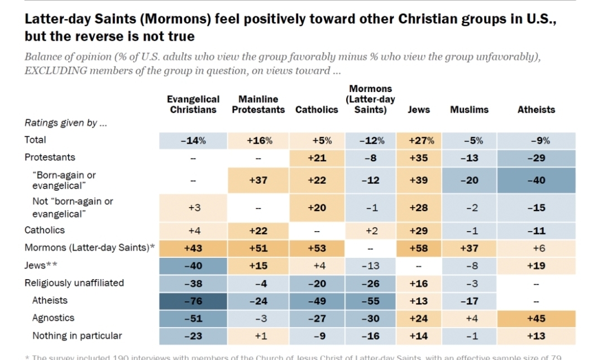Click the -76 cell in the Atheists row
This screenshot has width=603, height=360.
click(193, 301)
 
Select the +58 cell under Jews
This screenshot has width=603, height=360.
click(419, 247)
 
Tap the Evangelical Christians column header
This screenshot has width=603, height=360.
click(193, 104)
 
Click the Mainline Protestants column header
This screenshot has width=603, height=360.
click(259, 104)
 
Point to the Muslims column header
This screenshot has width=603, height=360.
click(469, 110)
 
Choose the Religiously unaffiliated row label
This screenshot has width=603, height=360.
click(74, 283)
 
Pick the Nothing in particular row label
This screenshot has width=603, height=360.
click(77, 336)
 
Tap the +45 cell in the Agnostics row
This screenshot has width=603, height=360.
click(536, 318)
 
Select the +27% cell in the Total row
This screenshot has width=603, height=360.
click(419, 141)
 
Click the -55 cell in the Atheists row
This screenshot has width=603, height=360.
click(371, 301)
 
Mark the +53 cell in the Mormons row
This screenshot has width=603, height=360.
click(317, 247)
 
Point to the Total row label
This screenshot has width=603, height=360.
click(35, 140)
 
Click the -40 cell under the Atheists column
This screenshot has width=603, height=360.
click(536, 180)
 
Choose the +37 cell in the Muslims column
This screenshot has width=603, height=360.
click(469, 247)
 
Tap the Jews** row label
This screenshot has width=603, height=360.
click(41, 265)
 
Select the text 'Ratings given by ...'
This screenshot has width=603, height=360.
click(66, 123)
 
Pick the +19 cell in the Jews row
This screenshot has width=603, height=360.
click(536, 266)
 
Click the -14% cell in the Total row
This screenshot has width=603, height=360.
click(193, 141)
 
